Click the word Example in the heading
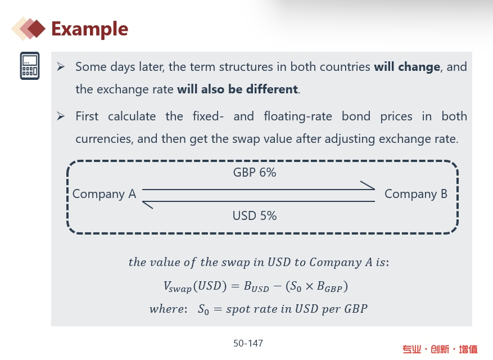[89, 29]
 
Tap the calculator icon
[30, 66]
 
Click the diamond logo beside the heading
[28, 29]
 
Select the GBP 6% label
[255, 173]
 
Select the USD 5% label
[255, 216]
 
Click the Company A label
[104, 194]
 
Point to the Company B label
[416, 194]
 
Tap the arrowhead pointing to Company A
[147, 205]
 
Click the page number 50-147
[248, 343]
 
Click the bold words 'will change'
[407, 67]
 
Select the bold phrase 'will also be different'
[237, 89]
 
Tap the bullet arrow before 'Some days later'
[61, 67]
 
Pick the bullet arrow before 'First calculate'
[61, 116]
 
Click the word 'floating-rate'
[298, 117]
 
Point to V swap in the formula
[177, 287]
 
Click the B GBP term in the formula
[329, 287]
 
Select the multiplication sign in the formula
[309, 286]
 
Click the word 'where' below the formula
[167, 309]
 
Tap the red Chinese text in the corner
[440, 349]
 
